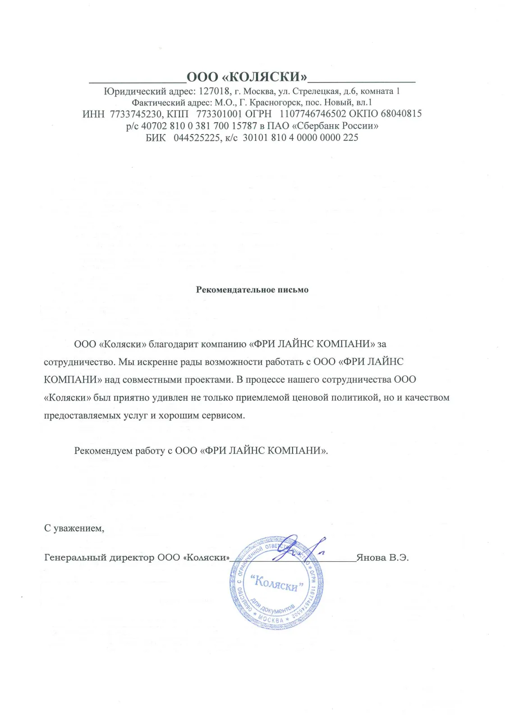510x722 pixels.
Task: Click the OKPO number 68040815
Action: (401, 114)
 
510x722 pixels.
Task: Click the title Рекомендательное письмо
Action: (252, 290)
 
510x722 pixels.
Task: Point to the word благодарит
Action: (174, 344)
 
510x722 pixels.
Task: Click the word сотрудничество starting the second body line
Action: (79, 362)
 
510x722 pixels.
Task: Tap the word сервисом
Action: (224, 416)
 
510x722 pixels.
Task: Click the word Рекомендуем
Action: (103, 451)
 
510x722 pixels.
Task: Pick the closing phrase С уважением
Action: (74, 528)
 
